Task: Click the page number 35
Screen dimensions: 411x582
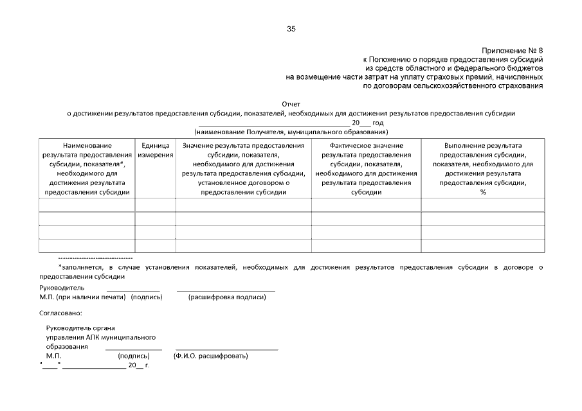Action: (291, 29)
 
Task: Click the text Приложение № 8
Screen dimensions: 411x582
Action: (513, 51)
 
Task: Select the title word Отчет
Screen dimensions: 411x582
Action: (291, 104)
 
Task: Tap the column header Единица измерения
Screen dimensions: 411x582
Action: (155, 150)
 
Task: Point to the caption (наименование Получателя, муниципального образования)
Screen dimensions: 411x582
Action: (291, 132)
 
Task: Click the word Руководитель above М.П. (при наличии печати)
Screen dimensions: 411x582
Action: (62, 288)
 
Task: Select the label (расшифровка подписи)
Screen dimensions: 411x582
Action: (226, 297)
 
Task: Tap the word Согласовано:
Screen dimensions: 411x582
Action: (60, 313)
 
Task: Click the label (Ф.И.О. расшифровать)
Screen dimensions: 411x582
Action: (211, 356)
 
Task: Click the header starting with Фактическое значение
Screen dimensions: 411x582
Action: (366, 168)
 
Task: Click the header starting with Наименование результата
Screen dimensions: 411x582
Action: (87, 168)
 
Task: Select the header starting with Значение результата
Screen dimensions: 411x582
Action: (243, 168)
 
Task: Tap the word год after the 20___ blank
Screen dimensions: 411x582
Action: (378, 123)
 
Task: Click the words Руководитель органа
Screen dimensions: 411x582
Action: (80, 328)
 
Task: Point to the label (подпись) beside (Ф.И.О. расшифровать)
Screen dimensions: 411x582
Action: (134, 356)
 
